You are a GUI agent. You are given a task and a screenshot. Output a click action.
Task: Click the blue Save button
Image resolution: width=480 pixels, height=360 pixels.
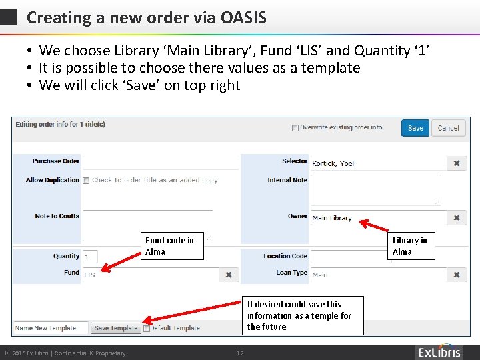tap(415, 128)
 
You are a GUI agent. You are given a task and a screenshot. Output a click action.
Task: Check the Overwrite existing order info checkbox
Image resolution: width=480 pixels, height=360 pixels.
tap(295, 128)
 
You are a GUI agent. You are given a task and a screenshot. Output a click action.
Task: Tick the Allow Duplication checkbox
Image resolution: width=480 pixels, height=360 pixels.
tap(86, 181)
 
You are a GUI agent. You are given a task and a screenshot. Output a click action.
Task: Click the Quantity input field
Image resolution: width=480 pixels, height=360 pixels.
tap(90, 257)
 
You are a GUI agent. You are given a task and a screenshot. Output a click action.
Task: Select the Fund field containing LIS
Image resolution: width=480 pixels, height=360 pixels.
tap(150, 275)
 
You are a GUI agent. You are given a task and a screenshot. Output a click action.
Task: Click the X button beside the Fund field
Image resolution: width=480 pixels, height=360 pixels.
tap(228, 275)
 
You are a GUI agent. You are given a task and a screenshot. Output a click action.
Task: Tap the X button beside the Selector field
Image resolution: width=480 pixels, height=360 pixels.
tap(457, 163)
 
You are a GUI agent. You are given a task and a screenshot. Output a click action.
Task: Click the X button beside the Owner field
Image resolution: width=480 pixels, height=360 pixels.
tap(457, 218)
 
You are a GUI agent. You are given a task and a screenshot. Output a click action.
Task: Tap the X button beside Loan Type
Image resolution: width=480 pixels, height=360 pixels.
tap(457, 275)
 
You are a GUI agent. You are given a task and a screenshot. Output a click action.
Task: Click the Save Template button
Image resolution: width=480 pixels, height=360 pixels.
tap(115, 328)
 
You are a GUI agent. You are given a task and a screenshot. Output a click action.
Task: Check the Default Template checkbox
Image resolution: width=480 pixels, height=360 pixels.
tap(146, 328)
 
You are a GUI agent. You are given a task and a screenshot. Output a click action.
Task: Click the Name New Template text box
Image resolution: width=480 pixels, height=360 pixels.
tap(51, 328)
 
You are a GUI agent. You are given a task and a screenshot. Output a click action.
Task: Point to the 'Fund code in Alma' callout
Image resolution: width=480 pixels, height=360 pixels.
tap(173, 246)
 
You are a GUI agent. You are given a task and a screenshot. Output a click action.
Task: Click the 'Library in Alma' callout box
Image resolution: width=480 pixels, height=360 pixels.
tap(411, 246)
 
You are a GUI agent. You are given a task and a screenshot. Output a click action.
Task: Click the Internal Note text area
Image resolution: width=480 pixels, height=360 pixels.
tap(375, 190)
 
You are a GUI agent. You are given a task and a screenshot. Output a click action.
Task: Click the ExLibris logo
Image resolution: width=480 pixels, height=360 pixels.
tap(439, 352)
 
